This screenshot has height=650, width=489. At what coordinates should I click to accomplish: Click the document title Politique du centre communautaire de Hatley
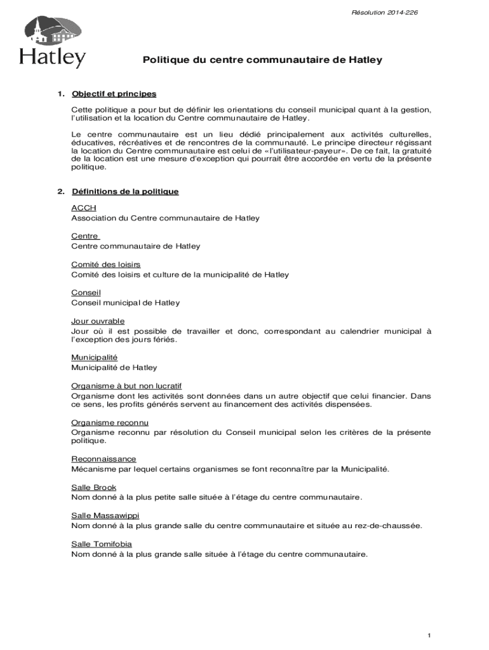pyautogui.click(x=262, y=60)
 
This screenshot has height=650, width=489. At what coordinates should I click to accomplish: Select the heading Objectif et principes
pyautogui.click(x=114, y=94)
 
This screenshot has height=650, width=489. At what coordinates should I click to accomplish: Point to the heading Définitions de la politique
pyautogui.click(x=125, y=191)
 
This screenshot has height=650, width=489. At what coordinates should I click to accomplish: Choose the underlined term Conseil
pyautogui.click(x=86, y=293)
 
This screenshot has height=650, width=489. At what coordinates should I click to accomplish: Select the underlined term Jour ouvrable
pyautogui.click(x=98, y=321)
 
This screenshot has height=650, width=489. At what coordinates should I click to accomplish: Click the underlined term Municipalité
pyautogui.click(x=95, y=357)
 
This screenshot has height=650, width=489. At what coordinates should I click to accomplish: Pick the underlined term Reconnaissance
pyautogui.click(x=104, y=459)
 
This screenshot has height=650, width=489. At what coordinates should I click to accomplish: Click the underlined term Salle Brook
pyautogui.click(x=94, y=487)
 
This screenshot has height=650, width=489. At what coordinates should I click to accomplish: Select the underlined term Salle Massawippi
pyautogui.click(x=105, y=515)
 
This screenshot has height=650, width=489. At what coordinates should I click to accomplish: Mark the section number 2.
pyautogui.click(x=60, y=191)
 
